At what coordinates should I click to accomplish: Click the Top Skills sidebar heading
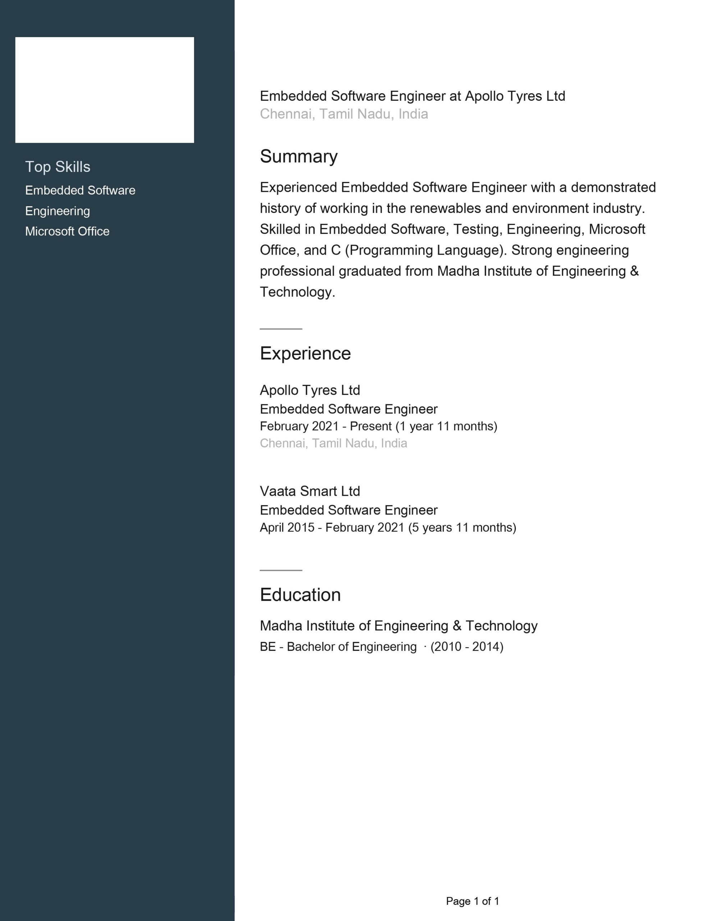pos(58,167)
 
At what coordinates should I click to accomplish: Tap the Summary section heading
pos(299,156)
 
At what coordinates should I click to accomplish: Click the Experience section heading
pos(305,353)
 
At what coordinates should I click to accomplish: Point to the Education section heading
pos(300,595)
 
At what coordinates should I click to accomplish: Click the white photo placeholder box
pos(105,90)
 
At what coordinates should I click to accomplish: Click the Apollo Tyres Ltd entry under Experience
pos(310,390)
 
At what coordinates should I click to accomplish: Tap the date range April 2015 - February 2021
pos(332,527)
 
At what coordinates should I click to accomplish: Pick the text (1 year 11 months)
pos(446,426)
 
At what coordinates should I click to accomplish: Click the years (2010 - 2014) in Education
pos(467,646)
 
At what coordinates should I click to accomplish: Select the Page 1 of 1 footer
pos(472,901)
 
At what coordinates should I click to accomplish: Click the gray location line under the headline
pos(344,114)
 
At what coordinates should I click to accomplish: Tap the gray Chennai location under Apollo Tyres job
pos(333,443)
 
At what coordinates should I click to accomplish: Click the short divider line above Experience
pos(281,329)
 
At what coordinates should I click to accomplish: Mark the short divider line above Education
pos(281,570)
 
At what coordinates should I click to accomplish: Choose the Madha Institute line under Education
pos(398,626)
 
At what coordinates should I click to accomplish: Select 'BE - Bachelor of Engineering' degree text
pos(338,646)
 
